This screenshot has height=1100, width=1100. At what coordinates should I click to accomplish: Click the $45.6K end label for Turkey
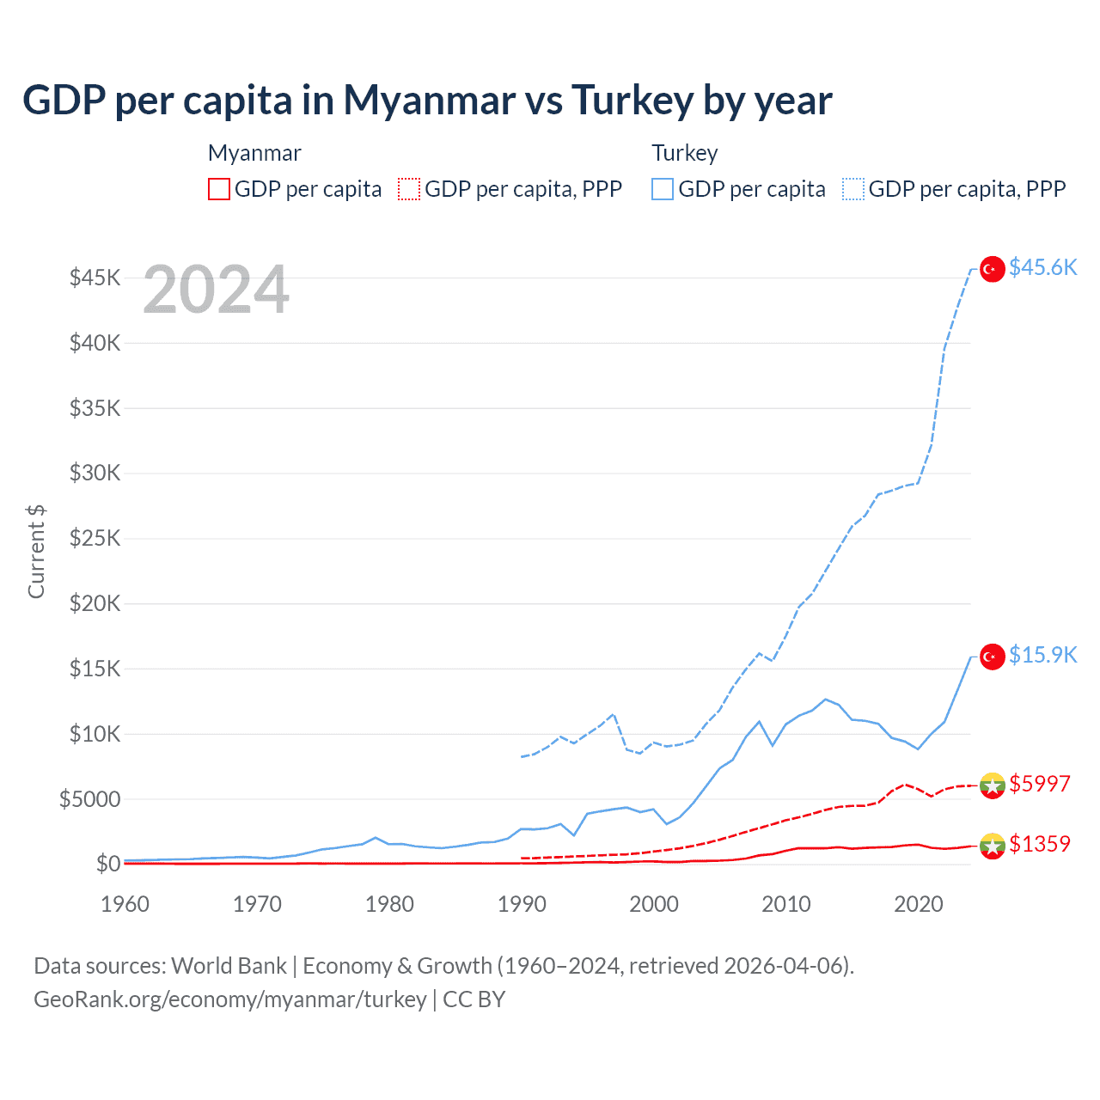pyautogui.click(x=1042, y=268)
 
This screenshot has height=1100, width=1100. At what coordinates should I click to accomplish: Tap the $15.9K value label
pyautogui.click(x=1042, y=656)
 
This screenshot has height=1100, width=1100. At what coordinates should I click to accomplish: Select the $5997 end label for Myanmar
pyautogui.click(x=1039, y=785)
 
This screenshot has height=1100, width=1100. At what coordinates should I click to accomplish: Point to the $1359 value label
pyautogui.click(x=1039, y=845)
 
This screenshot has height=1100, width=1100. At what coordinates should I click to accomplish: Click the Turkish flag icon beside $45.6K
pyautogui.click(x=993, y=269)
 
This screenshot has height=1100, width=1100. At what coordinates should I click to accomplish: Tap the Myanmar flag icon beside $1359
pyautogui.click(x=993, y=846)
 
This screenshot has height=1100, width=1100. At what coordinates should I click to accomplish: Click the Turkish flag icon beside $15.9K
pyautogui.click(x=993, y=657)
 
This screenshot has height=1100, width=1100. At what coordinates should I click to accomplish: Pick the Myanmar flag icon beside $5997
pyautogui.click(x=993, y=785)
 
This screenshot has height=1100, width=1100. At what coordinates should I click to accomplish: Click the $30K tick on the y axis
pyautogui.click(x=95, y=474)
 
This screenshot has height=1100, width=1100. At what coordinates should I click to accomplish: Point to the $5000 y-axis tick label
pyautogui.click(x=89, y=800)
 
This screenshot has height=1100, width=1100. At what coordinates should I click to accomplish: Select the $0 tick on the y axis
pyautogui.click(x=107, y=865)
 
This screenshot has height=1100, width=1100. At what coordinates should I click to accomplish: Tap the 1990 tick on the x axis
pyautogui.click(x=522, y=905)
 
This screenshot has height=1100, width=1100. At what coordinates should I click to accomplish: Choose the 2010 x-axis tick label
pyautogui.click(x=786, y=905)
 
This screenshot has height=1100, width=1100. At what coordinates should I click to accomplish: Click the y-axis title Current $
pyautogui.click(x=36, y=552)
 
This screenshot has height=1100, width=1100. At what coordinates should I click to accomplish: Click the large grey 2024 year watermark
pyautogui.click(x=216, y=290)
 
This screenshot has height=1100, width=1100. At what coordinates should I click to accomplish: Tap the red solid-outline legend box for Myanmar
pyautogui.click(x=219, y=189)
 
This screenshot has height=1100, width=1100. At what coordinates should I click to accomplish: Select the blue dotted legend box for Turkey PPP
pyautogui.click(x=853, y=189)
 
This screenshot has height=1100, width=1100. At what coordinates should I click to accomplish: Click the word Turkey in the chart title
pyautogui.click(x=632, y=101)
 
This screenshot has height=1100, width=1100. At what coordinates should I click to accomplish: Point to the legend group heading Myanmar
pyautogui.click(x=254, y=153)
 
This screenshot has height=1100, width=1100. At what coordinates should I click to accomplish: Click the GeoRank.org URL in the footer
pyautogui.click(x=230, y=999)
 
